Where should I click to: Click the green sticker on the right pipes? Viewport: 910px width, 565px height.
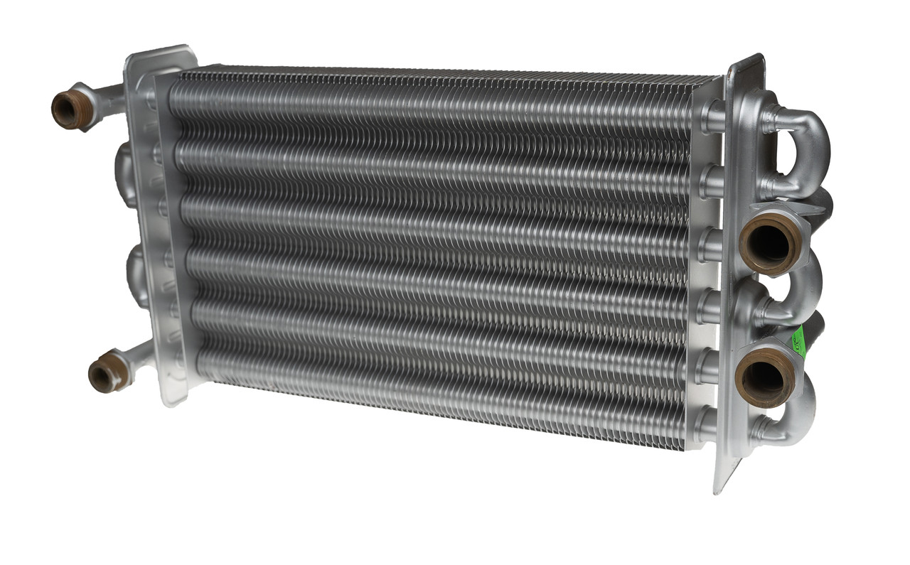(x=798, y=337)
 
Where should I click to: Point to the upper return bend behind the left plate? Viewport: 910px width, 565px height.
(x=124, y=174)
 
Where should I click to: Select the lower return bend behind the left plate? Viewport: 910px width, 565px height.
(x=135, y=274)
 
